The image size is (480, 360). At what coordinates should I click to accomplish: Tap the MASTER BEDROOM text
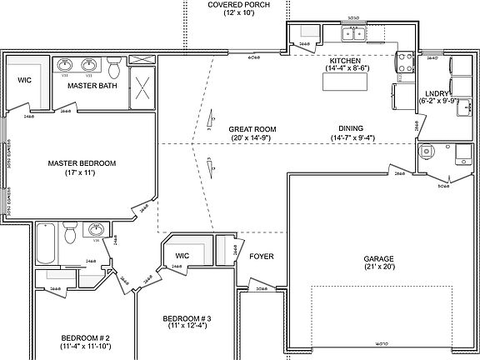(x=82, y=162)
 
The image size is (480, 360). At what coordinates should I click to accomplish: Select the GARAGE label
(x=377, y=258)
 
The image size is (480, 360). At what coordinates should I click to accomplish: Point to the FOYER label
(x=261, y=257)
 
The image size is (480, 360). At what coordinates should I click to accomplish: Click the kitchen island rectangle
(x=342, y=82)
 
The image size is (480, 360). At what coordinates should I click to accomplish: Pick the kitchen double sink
(x=356, y=34)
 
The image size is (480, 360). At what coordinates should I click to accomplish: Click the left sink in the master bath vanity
(x=65, y=64)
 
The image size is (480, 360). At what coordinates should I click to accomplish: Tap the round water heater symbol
(x=427, y=152)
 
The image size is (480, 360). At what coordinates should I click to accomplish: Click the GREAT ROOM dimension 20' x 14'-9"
(x=253, y=137)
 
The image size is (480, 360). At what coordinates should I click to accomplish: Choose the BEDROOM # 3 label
(x=187, y=318)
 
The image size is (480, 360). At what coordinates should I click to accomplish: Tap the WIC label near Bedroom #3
(x=182, y=256)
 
